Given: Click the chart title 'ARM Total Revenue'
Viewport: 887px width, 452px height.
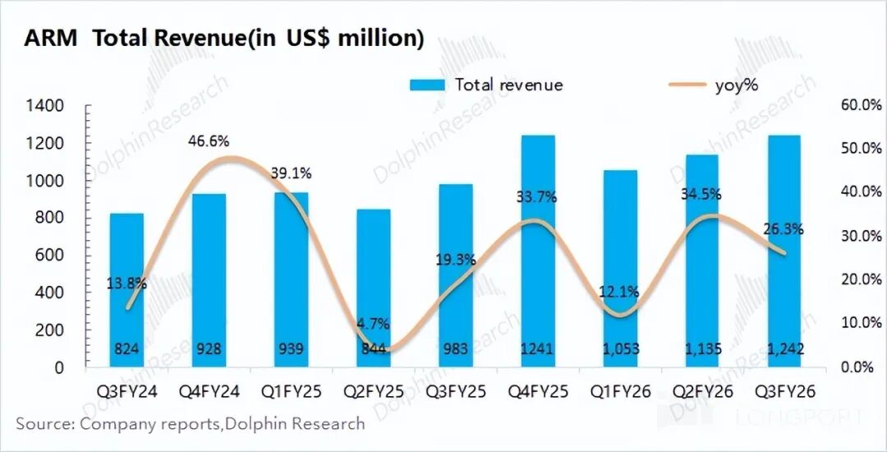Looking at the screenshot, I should [x=223, y=39].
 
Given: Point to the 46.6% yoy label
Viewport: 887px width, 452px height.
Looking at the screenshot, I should [x=207, y=141].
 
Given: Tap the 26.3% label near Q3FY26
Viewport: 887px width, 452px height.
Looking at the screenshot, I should [x=784, y=229].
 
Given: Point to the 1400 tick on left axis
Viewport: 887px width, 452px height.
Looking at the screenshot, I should [x=44, y=106].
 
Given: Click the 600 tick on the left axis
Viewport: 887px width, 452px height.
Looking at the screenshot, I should [x=49, y=256].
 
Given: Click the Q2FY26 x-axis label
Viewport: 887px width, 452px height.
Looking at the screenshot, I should [x=701, y=392].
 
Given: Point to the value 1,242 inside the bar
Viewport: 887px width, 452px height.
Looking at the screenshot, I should [x=784, y=349].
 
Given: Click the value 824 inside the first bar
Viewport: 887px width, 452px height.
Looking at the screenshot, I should [x=126, y=349].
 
